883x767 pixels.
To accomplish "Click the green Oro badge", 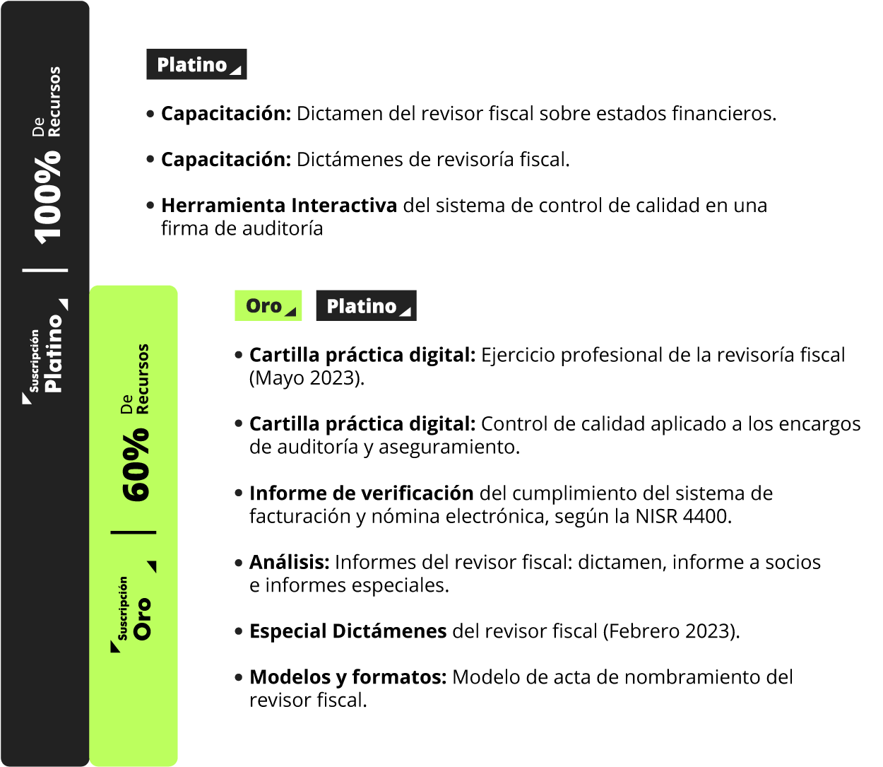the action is (x=268, y=305).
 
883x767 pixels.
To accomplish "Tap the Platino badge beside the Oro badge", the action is (x=367, y=305).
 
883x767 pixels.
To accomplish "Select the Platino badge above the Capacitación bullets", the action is (x=196, y=64).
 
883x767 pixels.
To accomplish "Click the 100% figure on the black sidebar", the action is (x=47, y=198).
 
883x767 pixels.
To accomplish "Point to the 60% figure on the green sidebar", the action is (x=136, y=465).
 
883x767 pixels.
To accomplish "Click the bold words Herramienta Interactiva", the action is (x=279, y=205).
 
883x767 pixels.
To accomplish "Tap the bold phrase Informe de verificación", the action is (x=361, y=493).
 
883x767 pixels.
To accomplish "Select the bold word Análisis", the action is (x=289, y=562).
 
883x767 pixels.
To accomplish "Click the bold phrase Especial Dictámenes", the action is (x=348, y=631).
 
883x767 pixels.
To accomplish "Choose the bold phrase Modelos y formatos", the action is (x=348, y=677).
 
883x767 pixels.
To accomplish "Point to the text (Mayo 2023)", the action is (x=307, y=378).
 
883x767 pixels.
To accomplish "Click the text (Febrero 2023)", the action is (x=671, y=631).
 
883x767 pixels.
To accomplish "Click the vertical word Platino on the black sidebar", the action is (x=54, y=353).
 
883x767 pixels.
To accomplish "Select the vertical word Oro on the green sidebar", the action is (x=142, y=619).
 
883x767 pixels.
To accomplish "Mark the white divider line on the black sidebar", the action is (x=45, y=270).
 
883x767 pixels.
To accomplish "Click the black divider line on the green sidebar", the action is (x=134, y=532).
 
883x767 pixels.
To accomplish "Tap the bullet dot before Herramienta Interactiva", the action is (x=150, y=206).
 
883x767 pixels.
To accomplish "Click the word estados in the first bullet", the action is (x=631, y=114).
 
